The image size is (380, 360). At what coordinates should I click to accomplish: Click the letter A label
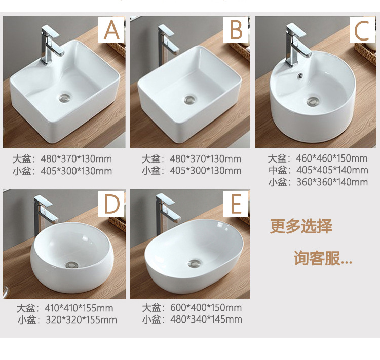tap(111, 30)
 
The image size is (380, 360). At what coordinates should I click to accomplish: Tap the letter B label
tap(236, 30)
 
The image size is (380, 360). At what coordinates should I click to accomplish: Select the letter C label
tap(362, 30)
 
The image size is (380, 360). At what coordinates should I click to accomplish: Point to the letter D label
tap(111, 205)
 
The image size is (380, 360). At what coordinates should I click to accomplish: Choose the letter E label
tap(236, 205)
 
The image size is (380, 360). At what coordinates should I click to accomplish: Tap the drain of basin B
tap(189, 100)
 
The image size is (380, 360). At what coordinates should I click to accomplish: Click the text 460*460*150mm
tap(331, 159)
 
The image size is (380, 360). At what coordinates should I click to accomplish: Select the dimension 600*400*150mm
tap(205, 308)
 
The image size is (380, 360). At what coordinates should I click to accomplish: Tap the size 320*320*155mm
tap(80, 320)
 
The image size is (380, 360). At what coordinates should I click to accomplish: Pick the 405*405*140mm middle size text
tap(331, 170)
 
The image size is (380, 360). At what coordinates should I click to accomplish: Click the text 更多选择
tap(301, 226)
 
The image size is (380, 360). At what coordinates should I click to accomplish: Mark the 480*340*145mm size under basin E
tap(205, 319)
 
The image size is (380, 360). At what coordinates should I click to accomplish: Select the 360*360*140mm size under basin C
tap(331, 182)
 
